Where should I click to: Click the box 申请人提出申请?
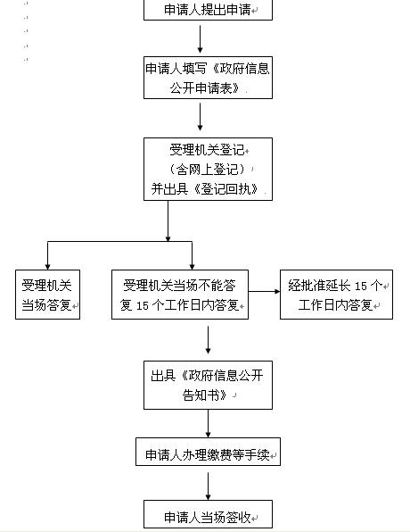[x=208, y=10]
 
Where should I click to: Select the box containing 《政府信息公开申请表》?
[x=208, y=78]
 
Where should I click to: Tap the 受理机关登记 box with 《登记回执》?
[x=208, y=169]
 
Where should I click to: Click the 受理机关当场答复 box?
[x=48, y=295]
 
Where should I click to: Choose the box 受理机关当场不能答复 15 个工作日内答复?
[x=180, y=295]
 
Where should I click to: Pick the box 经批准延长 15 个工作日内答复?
[x=337, y=295]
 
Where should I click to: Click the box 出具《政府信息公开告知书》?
[x=208, y=385]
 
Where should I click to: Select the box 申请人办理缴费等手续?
[x=208, y=452]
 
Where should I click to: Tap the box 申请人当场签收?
[x=208, y=514]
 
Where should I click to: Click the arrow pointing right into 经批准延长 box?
[x=265, y=291]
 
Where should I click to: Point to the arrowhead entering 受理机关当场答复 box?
[x=48, y=267]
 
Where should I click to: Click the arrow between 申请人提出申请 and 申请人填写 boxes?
[x=200, y=39]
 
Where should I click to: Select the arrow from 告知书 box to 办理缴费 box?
[x=208, y=423]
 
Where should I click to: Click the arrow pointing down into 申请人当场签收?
[x=208, y=486]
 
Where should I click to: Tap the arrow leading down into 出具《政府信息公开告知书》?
[x=208, y=340]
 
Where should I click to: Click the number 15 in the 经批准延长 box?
[x=361, y=286]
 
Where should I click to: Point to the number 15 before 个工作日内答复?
[x=143, y=305]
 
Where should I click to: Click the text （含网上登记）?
[x=208, y=169]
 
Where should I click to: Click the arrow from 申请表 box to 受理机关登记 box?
[x=200, y=117]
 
